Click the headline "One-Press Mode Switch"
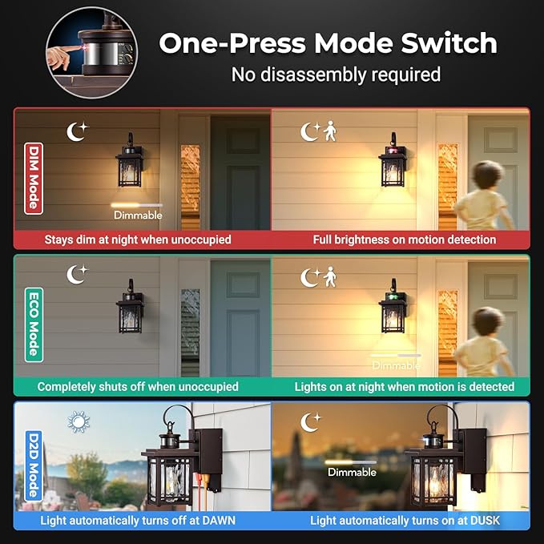[328, 42]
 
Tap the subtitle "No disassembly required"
[336, 75]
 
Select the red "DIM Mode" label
[32, 178]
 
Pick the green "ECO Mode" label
[32, 324]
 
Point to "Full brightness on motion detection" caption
[404, 240]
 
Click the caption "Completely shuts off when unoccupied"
[138, 386]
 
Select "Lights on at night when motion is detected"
[404, 386]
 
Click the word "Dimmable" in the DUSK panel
[351, 472]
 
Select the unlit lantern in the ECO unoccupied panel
[130, 308]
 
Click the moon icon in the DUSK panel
[310, 421]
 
